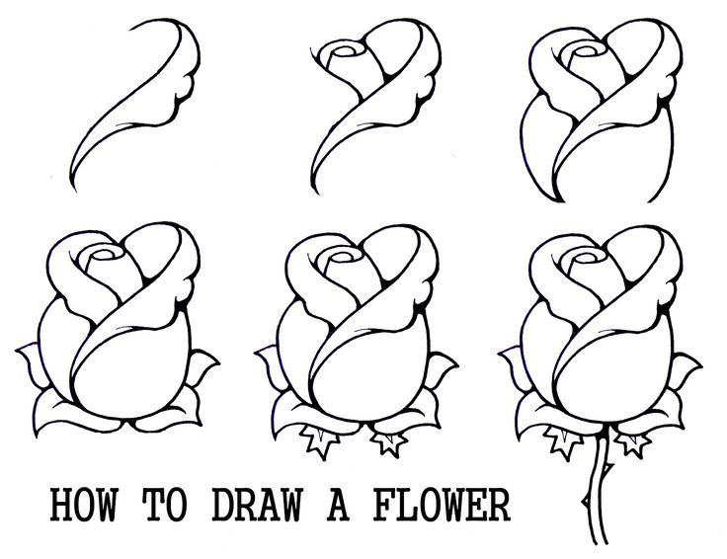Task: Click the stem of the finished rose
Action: pyautogui.click(x=594, y=494)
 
